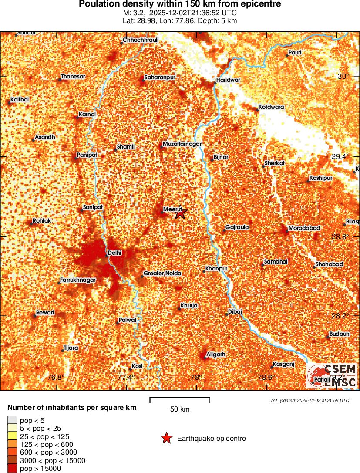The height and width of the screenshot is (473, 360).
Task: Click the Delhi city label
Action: coord(114,253)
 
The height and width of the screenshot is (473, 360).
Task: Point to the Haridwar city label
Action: coord(228,80)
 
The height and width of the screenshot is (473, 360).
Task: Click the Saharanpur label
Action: coord(160,77)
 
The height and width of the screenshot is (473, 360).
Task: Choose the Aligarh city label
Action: coord(215,355)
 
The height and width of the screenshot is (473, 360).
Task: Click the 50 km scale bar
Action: coord(180,398)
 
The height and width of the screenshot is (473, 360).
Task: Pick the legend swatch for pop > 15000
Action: coord(12,468)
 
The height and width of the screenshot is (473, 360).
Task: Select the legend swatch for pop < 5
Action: coord(12,420)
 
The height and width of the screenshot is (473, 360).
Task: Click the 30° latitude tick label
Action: coord(344,77)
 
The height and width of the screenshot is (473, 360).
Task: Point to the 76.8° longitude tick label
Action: coord(56,377)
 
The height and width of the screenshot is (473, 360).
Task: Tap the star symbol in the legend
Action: coord(166,438)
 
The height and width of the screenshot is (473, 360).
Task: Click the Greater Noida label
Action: coord(162,273)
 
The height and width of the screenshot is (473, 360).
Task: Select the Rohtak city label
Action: coord(42,221)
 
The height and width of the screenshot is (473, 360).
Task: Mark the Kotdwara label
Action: coord(271,107)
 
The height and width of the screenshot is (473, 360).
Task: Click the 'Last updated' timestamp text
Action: coord(309,400)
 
